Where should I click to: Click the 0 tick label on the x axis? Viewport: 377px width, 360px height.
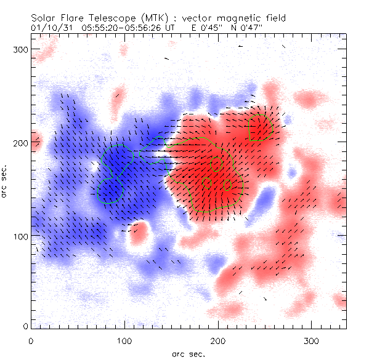click(31, 340)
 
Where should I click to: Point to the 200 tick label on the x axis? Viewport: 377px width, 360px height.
click(217, 340)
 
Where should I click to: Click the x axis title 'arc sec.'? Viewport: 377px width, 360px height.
click(188, 353)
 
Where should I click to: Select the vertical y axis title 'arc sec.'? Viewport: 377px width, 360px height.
click(6, 182)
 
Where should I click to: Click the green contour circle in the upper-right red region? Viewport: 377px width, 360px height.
click(261, 128)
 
